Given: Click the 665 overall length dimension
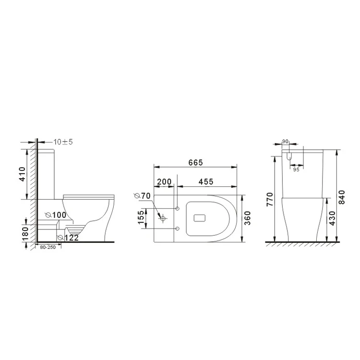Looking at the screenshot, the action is pos(196,163).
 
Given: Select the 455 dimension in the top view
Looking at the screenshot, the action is pos(206,181).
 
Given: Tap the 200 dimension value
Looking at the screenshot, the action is pos(164,182).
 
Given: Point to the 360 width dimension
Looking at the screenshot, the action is pos(248,218).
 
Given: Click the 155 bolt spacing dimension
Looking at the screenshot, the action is pos(141,217).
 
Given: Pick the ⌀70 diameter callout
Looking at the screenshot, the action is pos(142,196).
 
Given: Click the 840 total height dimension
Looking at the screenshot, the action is pos(342,197).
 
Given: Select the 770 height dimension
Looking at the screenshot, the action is pos(270,199).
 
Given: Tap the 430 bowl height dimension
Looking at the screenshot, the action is pos(332,218).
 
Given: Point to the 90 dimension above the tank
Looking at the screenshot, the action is pos(285,142).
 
